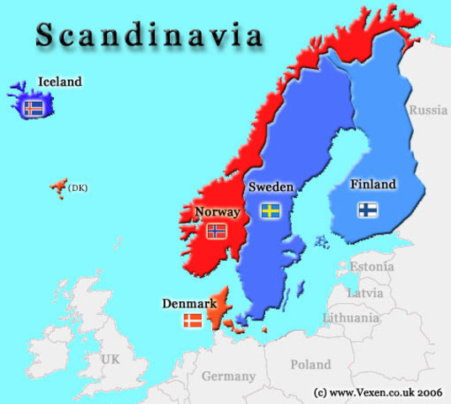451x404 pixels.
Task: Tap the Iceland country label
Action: [60, 82]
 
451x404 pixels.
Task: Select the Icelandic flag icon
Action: [34, 107]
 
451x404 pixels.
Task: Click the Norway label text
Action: [217, 211]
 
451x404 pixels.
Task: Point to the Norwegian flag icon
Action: [216, 230]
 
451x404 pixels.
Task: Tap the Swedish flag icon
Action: [270, 210]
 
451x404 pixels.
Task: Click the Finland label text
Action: [373, 184]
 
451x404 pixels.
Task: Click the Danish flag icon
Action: [194, 321]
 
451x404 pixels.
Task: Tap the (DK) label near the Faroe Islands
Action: [78, 187]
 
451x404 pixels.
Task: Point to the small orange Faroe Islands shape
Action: [58, 185]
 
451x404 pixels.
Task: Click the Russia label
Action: [428, 109]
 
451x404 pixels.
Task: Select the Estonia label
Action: [371, 266]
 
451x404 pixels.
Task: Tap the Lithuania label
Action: [351, 317]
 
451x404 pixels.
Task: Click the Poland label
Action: [310, 364]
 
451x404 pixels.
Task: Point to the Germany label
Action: [228, 376]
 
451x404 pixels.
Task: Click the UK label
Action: [110, 359]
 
